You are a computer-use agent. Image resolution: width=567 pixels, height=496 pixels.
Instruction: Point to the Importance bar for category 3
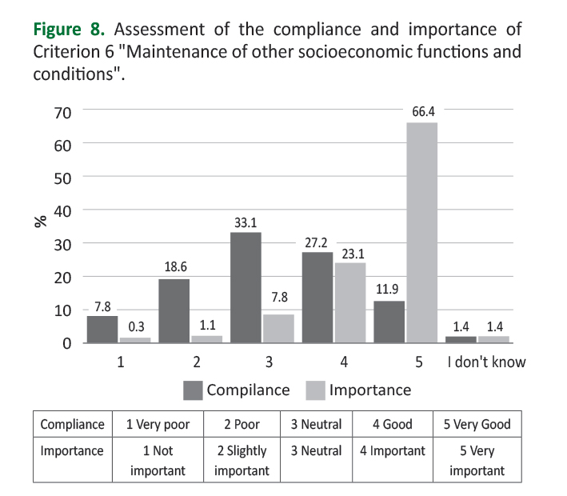click(x=278, y=329)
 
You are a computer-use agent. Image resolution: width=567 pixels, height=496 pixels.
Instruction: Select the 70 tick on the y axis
click(x=62, y=111)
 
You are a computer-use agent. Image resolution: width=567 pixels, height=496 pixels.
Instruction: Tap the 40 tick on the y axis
click(x=62, y=210)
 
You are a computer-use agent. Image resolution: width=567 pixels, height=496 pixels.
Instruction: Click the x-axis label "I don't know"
click(x=486, y=362)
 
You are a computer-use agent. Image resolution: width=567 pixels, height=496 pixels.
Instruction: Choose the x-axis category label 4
click(x=344, y=362)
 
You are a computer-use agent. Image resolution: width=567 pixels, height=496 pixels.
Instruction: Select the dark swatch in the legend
click(x=193, y=390)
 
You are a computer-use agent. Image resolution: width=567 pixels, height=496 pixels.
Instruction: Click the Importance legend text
click(x=370, y=390)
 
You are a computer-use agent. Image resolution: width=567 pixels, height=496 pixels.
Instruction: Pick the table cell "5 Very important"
click(x=477, y=461)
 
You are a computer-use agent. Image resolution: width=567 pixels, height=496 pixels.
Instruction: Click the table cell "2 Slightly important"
click(x=241, y=461)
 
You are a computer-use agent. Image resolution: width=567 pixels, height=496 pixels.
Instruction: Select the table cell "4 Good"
click(x=392, y=425)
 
